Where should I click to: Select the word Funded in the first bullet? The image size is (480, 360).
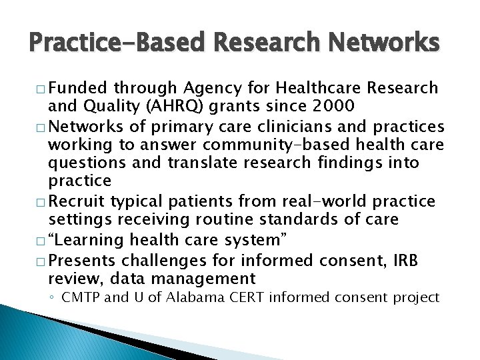pyautogui.click(x=78, y=88)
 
